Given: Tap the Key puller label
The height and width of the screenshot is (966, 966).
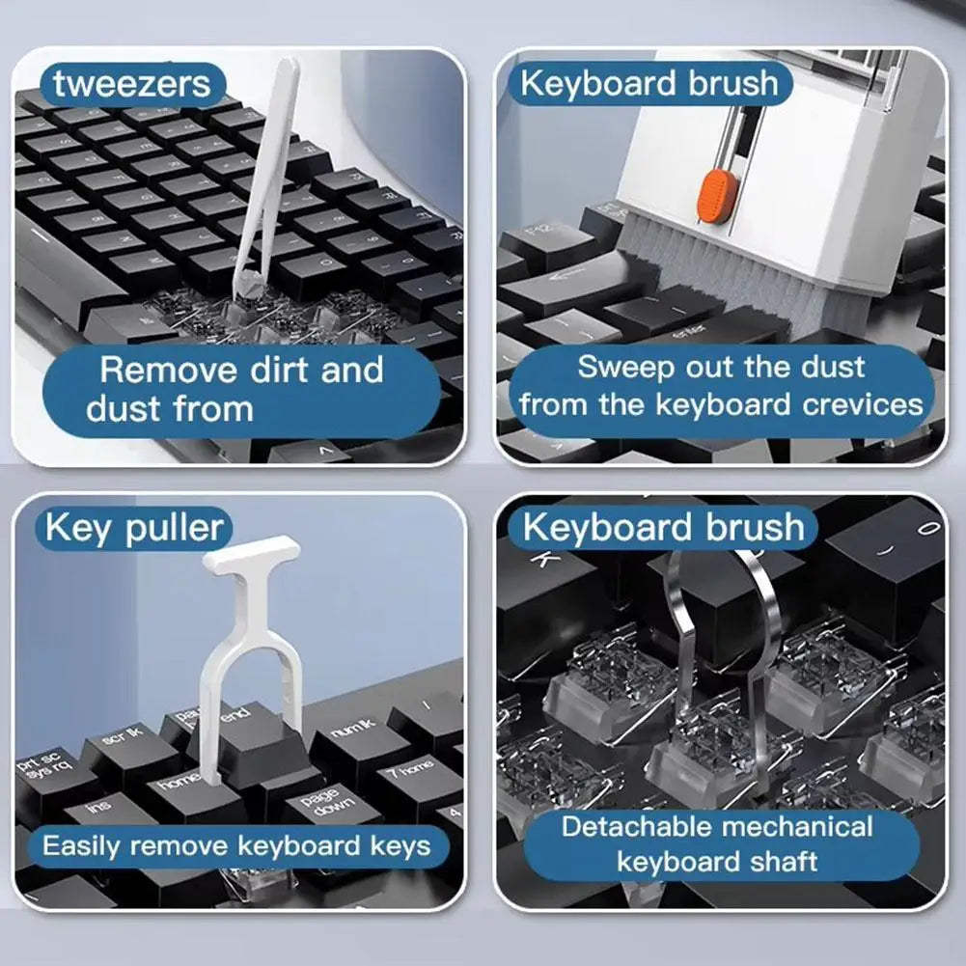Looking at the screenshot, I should pyautogui.click(x=133, y=528).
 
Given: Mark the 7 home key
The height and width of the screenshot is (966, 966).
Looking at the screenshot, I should pyautogui.click(x=410, y=769).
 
